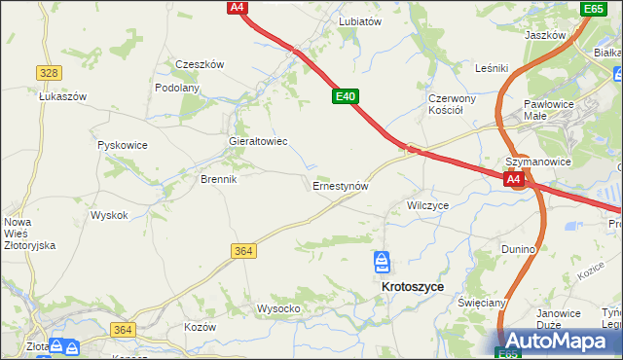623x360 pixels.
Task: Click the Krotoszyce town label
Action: (413, 287)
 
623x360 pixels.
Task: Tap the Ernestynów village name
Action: (341, 185)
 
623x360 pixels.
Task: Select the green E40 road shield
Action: (346, 96)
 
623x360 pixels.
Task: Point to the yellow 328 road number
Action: (49, 73)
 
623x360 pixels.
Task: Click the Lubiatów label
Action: (359, 20)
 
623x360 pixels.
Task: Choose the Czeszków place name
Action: (200, 64)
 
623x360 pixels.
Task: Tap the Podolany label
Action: (177, 88)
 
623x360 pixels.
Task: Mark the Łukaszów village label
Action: (63, 97)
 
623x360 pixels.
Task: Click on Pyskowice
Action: (123, 145)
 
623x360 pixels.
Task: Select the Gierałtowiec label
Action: (257, 141)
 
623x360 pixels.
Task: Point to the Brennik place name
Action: (218, 180)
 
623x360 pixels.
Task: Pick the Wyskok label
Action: (109, 215)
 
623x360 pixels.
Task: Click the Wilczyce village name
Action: (427, 206)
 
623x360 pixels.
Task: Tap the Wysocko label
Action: (277, 308)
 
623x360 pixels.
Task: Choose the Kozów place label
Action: (200, 327)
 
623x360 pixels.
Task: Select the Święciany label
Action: (482, 303)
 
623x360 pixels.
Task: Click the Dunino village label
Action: (519, 249)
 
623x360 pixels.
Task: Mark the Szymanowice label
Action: (536, 162)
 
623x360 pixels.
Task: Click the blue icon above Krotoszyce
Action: (383, 262)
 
